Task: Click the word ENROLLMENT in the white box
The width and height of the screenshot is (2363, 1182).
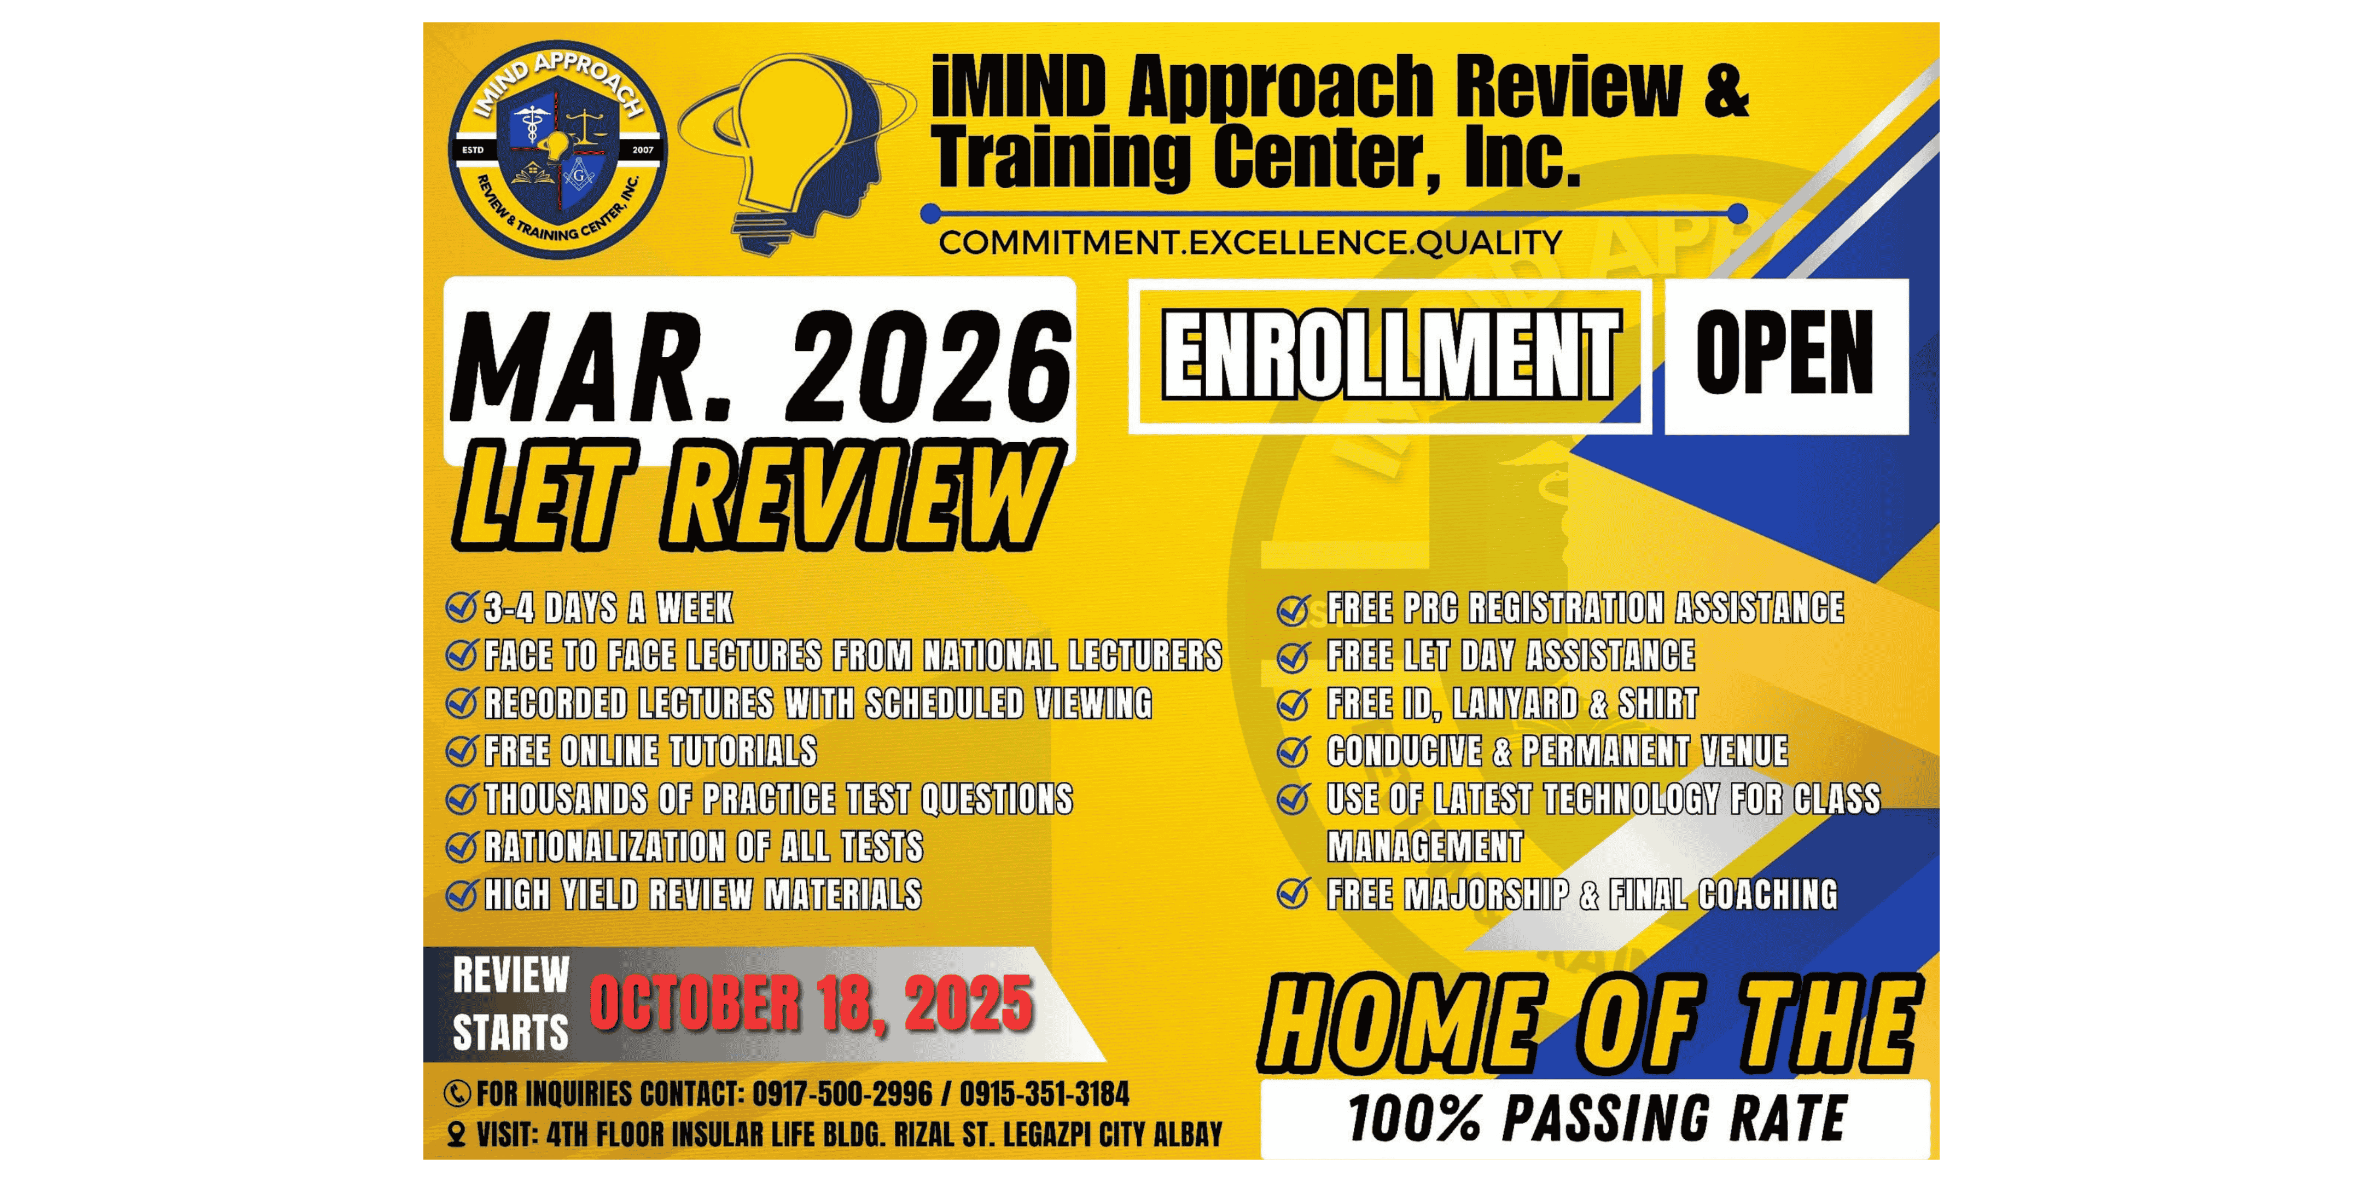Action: pos(1389,356)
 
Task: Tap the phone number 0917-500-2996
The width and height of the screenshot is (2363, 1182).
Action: pos(842,1094)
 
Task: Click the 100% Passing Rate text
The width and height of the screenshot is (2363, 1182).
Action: pos(1596,1120)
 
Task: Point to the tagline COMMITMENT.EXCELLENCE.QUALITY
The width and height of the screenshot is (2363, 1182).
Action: pos(1250,243)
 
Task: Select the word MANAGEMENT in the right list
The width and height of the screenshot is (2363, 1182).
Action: pos(1424,846)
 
